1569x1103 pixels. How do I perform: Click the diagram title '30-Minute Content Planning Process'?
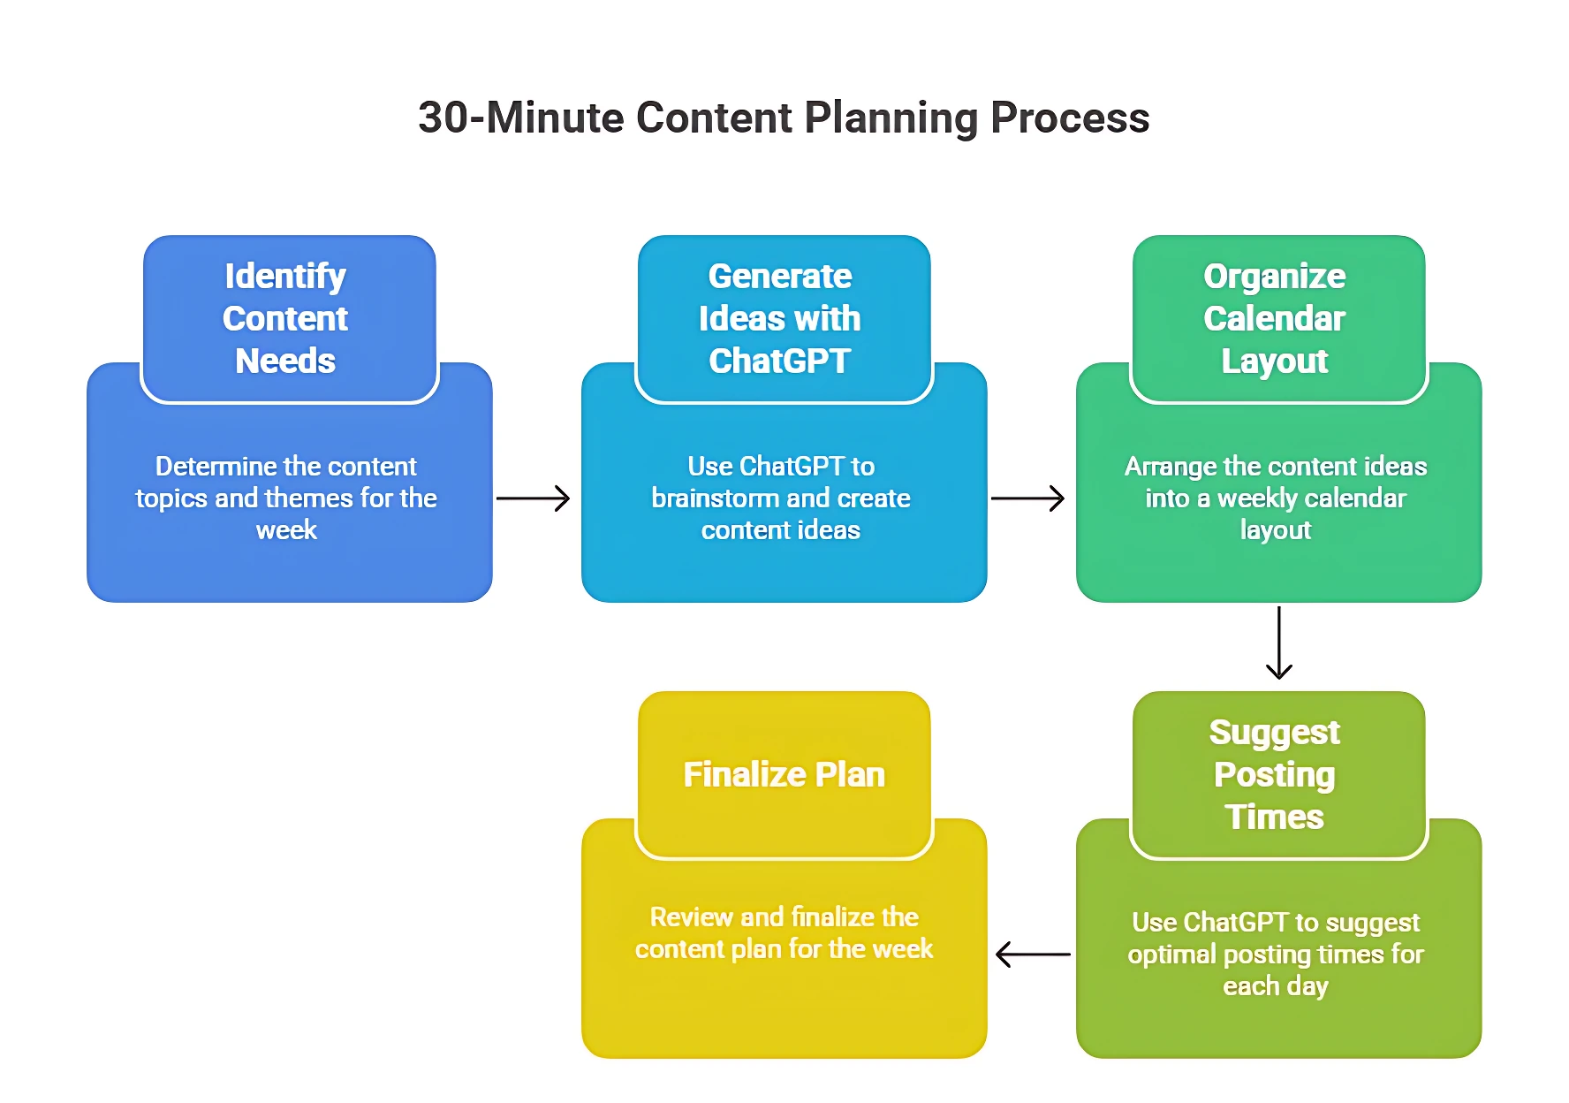784,118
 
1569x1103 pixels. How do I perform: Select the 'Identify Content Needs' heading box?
290,319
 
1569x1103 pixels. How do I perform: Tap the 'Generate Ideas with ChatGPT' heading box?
784,319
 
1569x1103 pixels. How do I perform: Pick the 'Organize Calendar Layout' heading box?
1279,319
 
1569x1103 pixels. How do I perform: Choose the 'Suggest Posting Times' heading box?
1279,775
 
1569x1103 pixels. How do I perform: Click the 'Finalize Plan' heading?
784,774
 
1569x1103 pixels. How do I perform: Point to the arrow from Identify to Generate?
533,498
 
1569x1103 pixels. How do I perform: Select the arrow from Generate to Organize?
1027,498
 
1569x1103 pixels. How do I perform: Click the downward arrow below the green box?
1279,643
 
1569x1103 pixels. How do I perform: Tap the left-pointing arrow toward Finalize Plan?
1033,955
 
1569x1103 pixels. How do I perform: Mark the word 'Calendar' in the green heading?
1275,318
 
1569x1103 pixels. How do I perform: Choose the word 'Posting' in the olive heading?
1275,775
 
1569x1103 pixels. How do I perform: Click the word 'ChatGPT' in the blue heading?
780,361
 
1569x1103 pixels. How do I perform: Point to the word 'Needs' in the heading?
285,361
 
